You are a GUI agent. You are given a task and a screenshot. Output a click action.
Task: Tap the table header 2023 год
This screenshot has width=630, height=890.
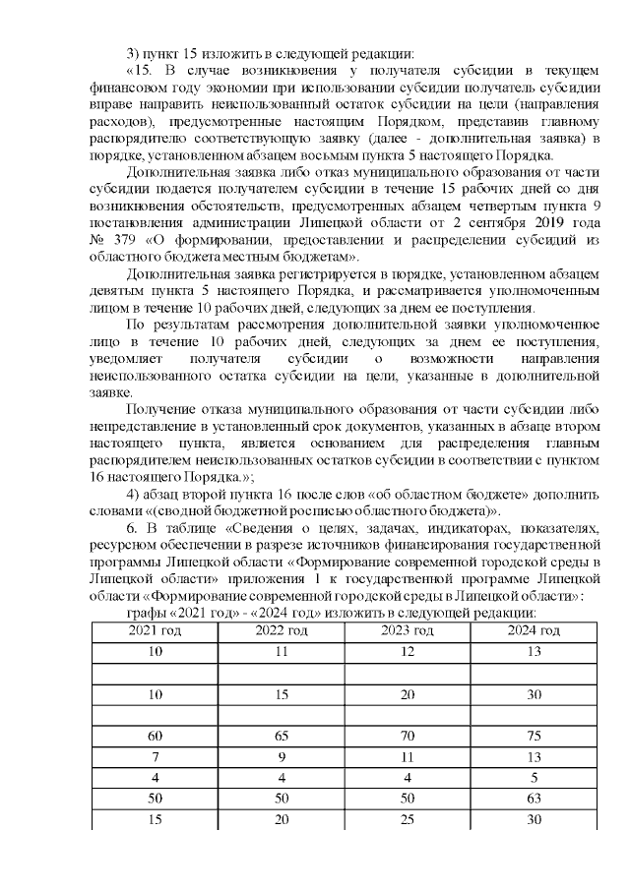(x=408, y=630)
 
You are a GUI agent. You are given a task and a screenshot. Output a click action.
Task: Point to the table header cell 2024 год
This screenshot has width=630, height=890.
(x=535, y=630)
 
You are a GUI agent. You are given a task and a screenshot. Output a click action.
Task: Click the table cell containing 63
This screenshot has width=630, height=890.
(x=535, y=799)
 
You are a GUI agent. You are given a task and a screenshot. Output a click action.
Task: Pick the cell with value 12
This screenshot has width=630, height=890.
(x=408, y=651)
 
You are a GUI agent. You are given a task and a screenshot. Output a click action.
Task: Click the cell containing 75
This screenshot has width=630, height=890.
(x=535, y=736)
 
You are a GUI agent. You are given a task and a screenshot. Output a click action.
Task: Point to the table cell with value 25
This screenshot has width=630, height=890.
(x=408, y=819)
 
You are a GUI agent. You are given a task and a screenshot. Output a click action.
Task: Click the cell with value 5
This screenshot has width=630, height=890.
(x=535, y=778)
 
